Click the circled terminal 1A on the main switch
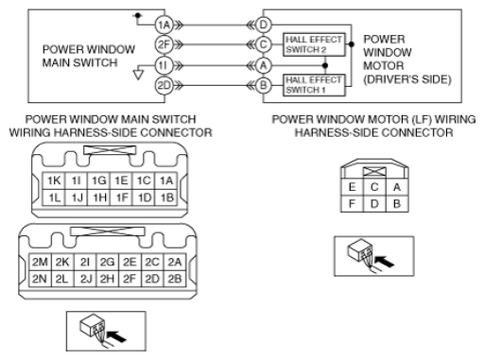coord(164,25)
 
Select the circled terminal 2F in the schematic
coord(164,44)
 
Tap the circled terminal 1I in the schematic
coord(164,66)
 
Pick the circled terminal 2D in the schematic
coord(164,85)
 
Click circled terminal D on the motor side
coord(263,25)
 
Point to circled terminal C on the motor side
coord(263,44)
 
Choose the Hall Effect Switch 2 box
coord(314,44)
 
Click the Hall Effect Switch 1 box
coord(314,85)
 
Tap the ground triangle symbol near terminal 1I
coord(138,75)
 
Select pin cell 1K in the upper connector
coord(54,180)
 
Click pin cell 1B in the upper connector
coord(166,197)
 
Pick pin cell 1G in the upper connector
coord(99,180)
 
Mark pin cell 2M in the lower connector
coord(40,262)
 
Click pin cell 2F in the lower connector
coord(130,279)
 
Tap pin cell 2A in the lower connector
coord(175,262)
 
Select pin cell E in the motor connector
coord(352,187)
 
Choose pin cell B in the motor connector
coord(397,204)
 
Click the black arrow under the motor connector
coord(385,261)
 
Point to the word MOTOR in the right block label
coord(384,65)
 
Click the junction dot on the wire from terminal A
coord(325,65)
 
